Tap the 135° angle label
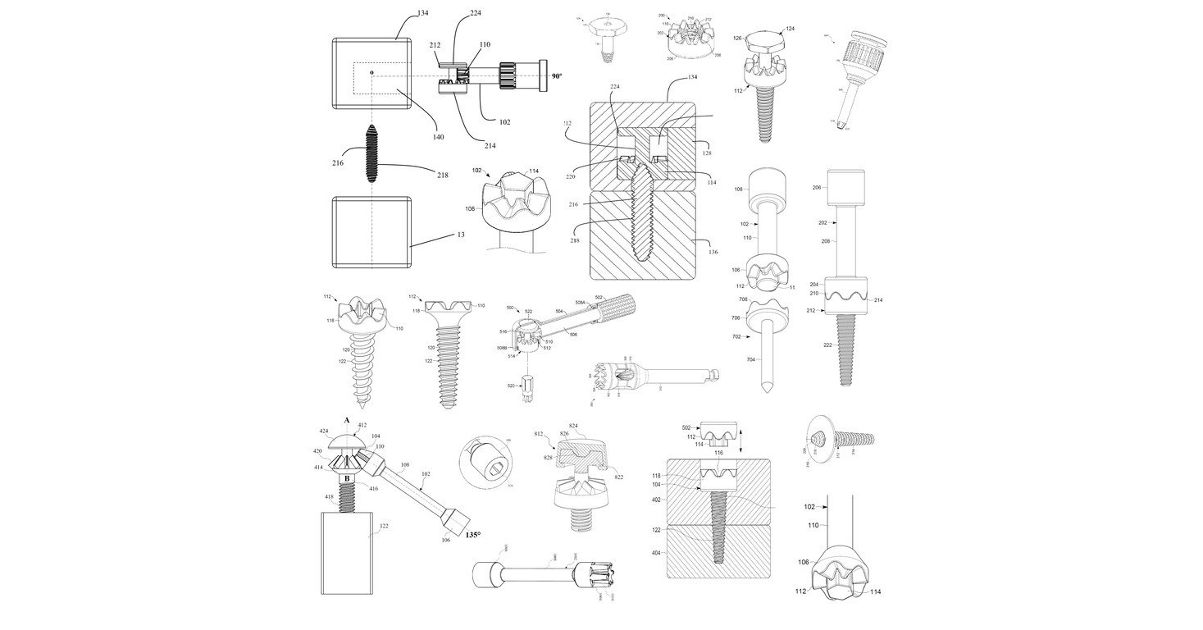click(x=472, y=535)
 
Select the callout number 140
click(x=439, y=137)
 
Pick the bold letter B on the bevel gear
click(x=347, y=477)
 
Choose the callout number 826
click(x=563, y=432)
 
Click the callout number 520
click(x=511, y=385)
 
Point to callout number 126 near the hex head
click(x=737, y=38)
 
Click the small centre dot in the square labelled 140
click(x=371, y=73)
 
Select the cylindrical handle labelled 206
click(x=846, y=188)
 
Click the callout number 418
click(x=329, y=497)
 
